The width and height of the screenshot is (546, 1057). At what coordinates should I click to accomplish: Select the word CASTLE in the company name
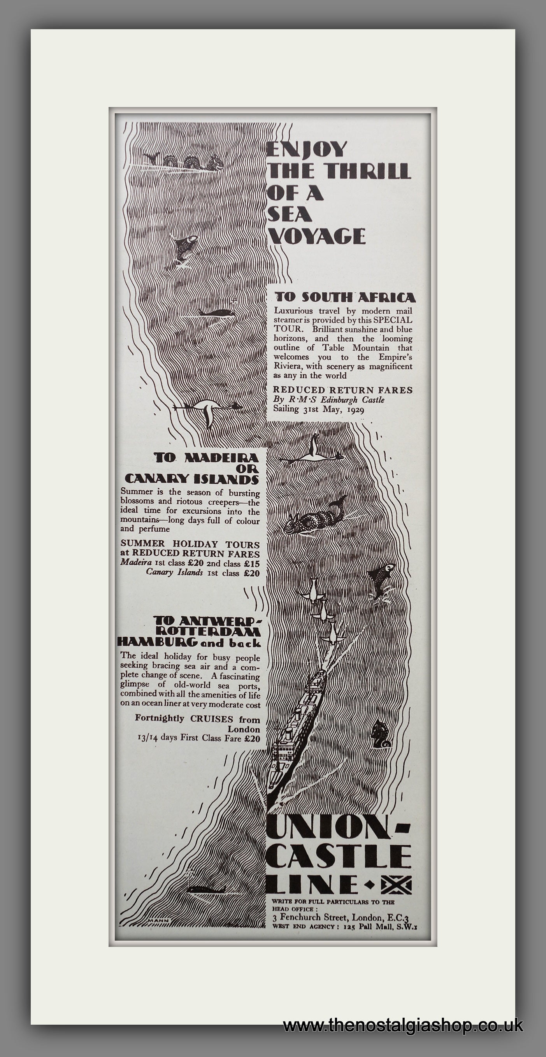pyautogui.click(x=339, y=854)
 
